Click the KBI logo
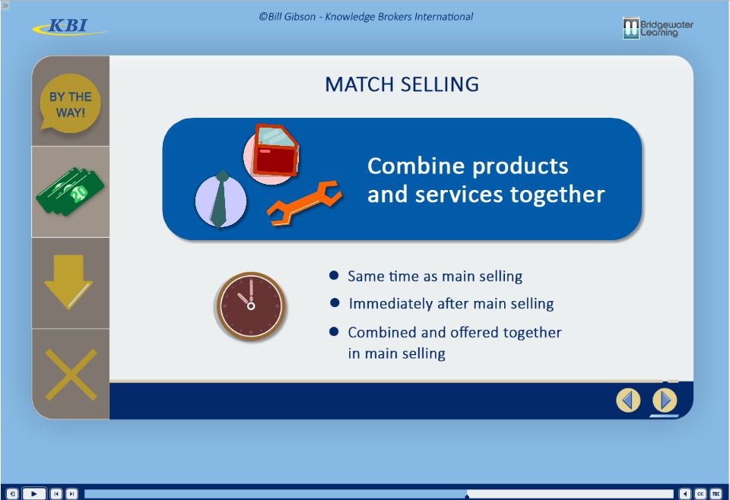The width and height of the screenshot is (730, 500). [70, 27]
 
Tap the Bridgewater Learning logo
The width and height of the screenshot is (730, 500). [657, 28]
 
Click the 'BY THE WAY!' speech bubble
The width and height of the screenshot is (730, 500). [70, 103]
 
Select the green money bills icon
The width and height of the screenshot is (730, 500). [70, 191]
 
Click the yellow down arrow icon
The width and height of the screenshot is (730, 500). [68, 282]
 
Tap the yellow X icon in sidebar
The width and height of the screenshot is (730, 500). [71, 375]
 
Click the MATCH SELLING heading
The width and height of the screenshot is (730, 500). [401, 84]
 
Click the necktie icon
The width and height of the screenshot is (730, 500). [221, 200]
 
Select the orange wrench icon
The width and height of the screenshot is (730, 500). [304, 203]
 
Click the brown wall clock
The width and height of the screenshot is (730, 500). [250, 306]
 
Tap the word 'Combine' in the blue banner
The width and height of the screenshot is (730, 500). [416, 166]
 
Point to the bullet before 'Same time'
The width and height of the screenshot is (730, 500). [334, 275]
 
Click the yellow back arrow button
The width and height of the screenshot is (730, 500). [628, 400]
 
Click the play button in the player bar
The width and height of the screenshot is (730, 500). [34, 493]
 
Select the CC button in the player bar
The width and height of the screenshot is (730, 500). [700, 493]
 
